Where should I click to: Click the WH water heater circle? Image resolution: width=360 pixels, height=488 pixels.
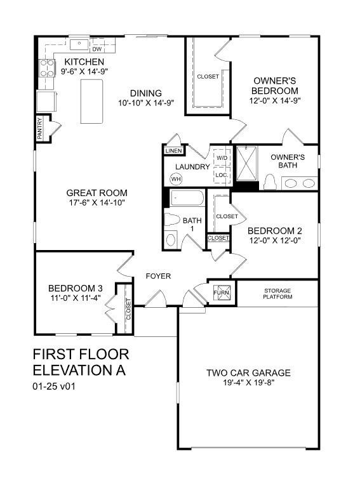click(176, 179)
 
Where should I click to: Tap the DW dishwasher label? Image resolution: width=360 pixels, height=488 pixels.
click(97, 49)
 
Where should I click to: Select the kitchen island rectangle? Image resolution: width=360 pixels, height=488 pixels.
click(91, 102)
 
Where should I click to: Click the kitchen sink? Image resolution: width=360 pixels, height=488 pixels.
click(79, 44)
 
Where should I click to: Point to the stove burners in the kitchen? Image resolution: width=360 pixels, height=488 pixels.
click(47, 68)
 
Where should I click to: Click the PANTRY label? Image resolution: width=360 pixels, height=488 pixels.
click(39, 128)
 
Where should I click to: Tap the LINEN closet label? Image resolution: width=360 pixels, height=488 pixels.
click(174, 151)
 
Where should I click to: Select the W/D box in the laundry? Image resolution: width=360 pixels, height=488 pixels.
click(222, 157)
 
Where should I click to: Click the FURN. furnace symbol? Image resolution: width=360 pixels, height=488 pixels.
click(222, 293)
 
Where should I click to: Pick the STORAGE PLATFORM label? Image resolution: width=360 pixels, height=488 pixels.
click(277, 294)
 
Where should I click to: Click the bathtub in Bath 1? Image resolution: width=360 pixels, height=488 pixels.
click(187, 197)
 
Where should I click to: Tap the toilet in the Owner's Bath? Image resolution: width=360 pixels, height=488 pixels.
click(270, 182)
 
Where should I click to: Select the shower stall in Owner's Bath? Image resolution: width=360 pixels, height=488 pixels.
click(246, 163)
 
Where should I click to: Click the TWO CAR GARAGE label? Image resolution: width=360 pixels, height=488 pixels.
click(248, 373)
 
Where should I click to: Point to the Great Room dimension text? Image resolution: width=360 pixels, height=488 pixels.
click(97, 202)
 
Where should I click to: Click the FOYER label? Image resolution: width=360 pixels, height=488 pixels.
click(158, 276)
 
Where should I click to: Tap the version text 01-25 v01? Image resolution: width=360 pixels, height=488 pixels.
click(54, 386)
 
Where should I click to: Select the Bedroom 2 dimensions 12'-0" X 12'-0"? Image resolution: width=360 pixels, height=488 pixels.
click(275, 241)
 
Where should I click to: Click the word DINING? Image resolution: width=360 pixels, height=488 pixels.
click(146, 93)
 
